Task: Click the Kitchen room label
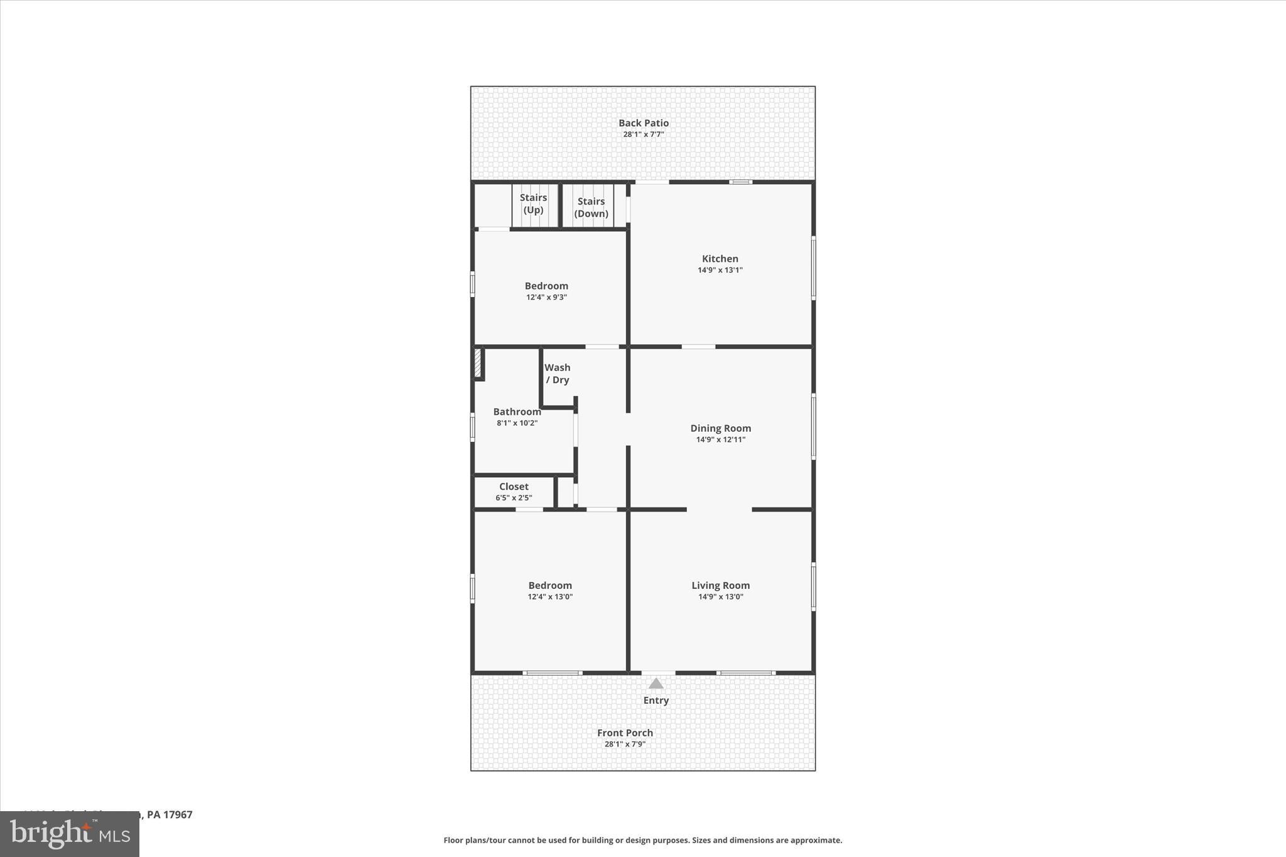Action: pos(720,259)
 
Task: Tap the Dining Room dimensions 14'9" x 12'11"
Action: pos(720,439)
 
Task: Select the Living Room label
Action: pos(720,585)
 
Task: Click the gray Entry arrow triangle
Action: pos(656,684)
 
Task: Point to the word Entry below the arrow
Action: pos(656,700)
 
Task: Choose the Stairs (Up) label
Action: pos(533,203)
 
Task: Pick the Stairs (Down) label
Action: pos(591,207)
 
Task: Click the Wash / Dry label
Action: pos(557,374)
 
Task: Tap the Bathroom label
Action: pos(517,412)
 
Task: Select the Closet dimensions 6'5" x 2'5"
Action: pos(514,498)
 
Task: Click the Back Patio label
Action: pos(643,123)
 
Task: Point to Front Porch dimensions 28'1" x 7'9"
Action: pos(625,745)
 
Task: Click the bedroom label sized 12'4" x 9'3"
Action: pos(546,286)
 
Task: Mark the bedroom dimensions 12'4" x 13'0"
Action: pos(550,597)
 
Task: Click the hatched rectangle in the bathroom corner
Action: pos(478,363)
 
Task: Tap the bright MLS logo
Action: pos(69,834)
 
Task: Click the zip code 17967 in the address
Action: pos(178,814)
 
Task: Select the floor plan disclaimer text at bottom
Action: pos(642,840)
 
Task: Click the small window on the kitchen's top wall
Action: pos(740,182)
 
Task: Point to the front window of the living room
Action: pos(745,673)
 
